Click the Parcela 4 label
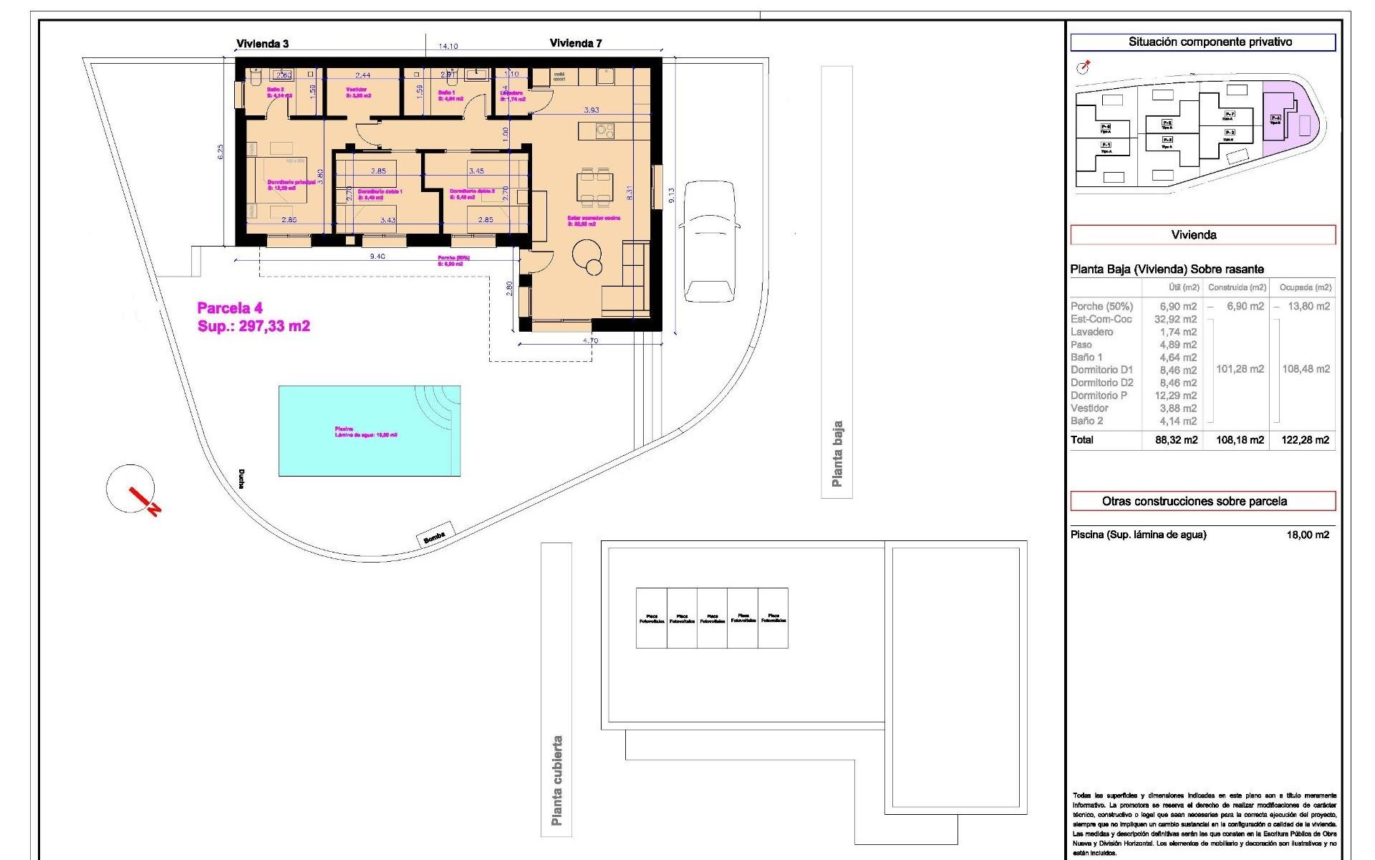[x=230, y=308]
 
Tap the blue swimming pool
[x=369, y=431]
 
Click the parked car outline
[x=709, y=242]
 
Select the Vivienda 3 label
[x=262, y=44]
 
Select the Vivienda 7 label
[x=575, y=43]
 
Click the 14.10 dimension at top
[x=448, y=47]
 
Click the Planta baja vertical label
[x=836, y=454]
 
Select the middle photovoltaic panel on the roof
[x=712, y=618]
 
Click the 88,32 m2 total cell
[x=1175, y=440]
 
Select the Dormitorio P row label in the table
[x=1099, y=396]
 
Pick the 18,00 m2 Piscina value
[x=1307, y=535]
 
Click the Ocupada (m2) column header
[x=1305, y=287]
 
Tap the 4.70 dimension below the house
[x=590, y=340]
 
